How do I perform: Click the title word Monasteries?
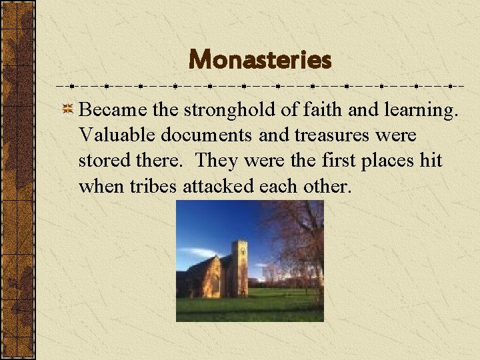[x=260, y=61]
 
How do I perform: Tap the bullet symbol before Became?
[x=67, y=109]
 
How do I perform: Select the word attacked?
[x=215, y=187]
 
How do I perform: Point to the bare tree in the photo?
[x=300, y=240]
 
